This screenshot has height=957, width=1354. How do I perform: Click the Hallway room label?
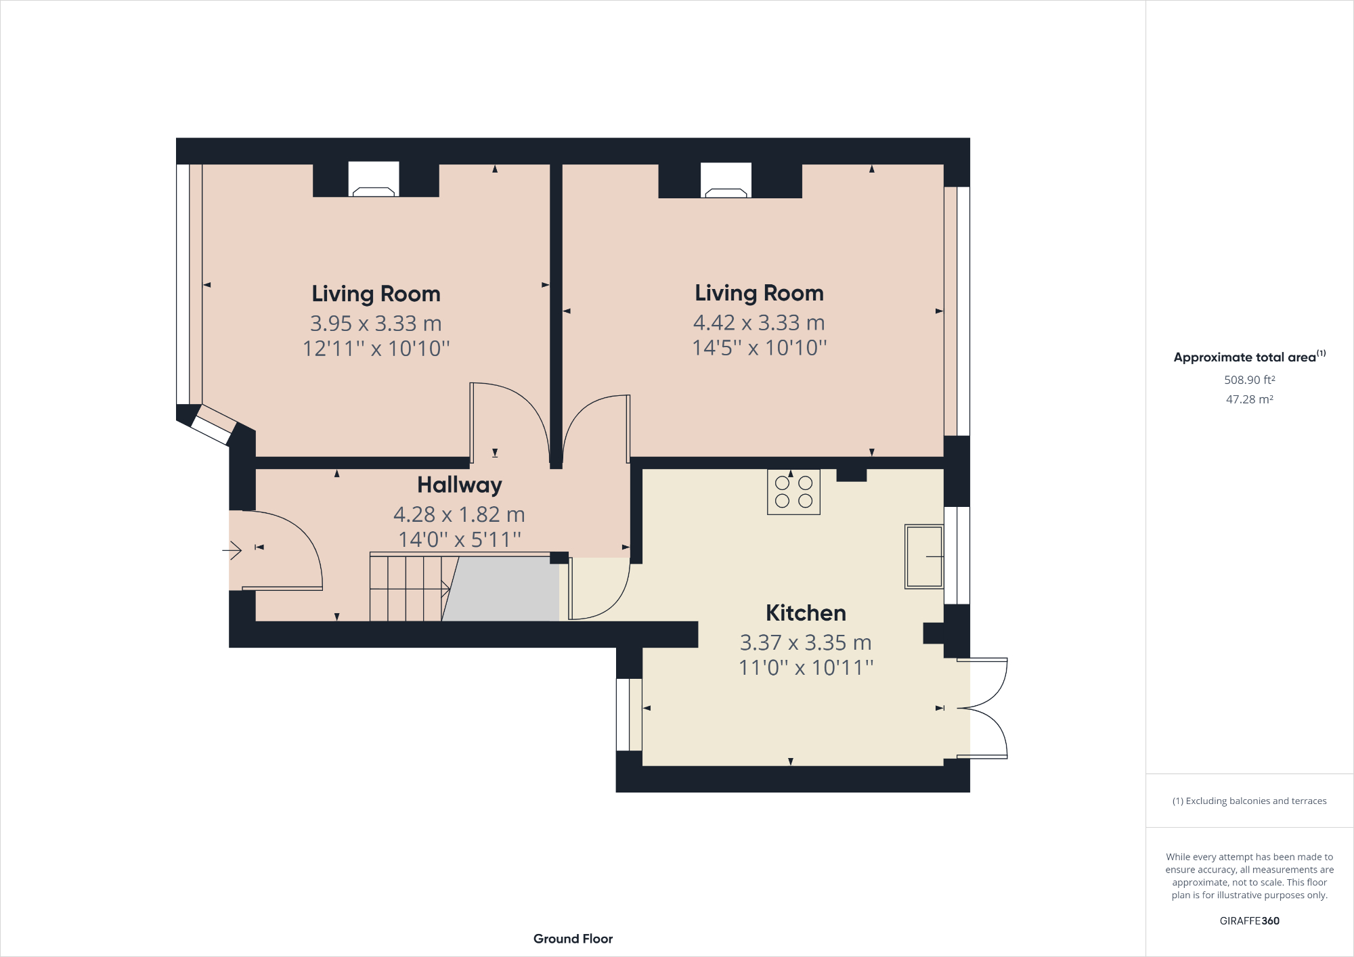click(x=459, y=485)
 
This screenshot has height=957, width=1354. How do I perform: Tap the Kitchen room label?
click(x=806, y=613)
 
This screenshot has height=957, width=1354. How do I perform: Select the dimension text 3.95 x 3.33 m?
click(x=376, y=324)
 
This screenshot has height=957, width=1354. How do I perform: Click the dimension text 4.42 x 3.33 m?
click(x=759, y=323)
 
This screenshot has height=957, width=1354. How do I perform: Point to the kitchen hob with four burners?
click(x=793, y=492)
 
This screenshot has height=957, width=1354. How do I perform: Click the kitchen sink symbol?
click(x=924, y=556)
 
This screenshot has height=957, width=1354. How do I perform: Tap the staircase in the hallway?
click(x=406, y=587)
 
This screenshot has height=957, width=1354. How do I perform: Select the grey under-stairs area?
click(x=504, y=589)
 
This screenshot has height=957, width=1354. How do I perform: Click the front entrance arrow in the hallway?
click(x=232, y=550)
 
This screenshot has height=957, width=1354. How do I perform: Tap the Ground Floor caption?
click(x=573, y=939)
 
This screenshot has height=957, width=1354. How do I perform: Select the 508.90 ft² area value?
click(x=1249, y=380)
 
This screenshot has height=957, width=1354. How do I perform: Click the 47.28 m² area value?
click(x=1249, y=399)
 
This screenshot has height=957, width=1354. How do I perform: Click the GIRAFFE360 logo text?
click(x=1249, y=920)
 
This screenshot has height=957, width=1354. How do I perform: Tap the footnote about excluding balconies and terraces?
click(x=1249, y=801)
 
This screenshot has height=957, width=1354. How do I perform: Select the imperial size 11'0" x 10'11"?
click(x=806, y=668)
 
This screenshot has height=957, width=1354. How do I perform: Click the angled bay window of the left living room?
click(x=213, y=425)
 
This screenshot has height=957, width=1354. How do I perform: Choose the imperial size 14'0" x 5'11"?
click(x=459, y=540)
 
